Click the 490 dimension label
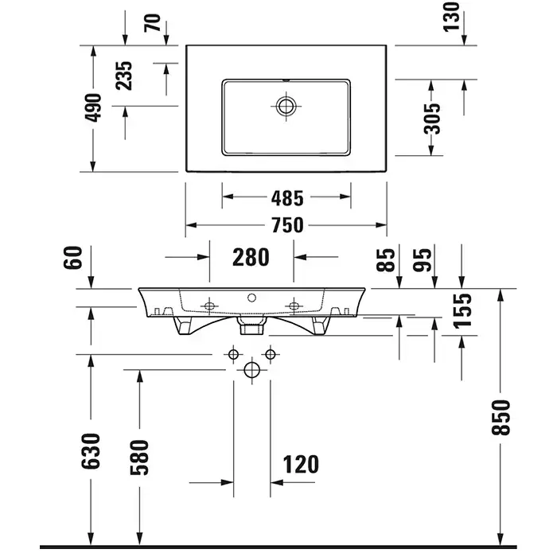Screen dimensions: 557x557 (95, 108)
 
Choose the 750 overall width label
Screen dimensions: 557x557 (286, 225)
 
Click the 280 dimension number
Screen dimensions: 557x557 (251, 257)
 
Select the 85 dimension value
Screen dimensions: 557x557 (388, 259)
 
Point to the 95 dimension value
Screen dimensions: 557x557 (424, 259)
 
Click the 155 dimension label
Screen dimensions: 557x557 (462, 311)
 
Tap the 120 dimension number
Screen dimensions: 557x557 (299, 464)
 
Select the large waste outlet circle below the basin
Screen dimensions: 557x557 (251, 369)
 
